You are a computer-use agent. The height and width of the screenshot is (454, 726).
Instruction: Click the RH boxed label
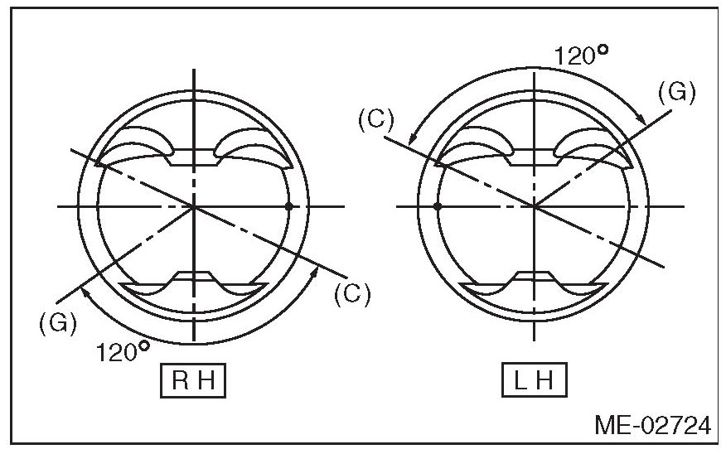coord(192,382)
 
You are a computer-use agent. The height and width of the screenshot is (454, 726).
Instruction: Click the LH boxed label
coord(535,382)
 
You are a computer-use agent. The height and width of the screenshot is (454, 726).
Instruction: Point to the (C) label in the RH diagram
coord(351,293)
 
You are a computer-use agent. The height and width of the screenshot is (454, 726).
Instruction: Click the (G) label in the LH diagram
coord(675,91)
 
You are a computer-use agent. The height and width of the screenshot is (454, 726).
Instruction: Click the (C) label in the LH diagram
coord(375,118)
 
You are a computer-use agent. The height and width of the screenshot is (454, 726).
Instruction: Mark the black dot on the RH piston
coord(288,205)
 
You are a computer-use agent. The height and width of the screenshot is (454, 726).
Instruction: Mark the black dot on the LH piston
coord(438,205)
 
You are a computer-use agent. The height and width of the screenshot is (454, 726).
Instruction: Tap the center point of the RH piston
coord(194,205)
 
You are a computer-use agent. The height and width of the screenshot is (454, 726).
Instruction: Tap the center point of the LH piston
coord(535,205)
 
